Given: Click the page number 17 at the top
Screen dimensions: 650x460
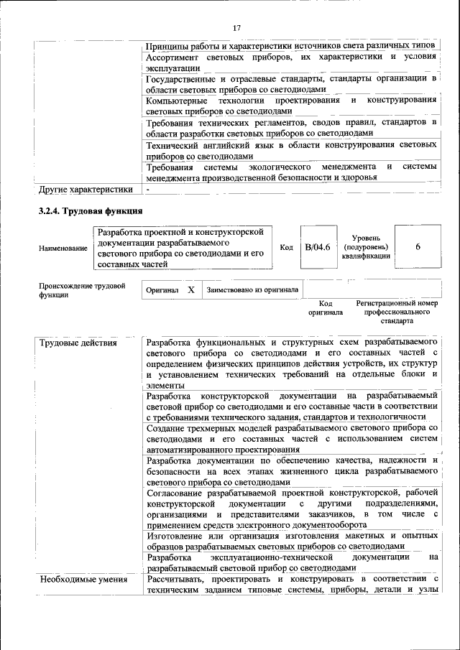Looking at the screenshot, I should pyautogui.click(x=236, y=28).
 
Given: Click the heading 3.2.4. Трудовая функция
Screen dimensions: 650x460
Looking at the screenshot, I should pyautogui.click(x=91, y=211).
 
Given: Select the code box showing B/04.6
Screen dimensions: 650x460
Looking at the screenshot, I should pyautogui.click(x=317, y=247).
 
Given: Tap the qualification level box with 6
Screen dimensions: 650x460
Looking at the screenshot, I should pyautogui.click(x=418, y=247).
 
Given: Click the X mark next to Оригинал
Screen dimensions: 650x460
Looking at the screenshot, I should pyautogui.click(x=190, y=290).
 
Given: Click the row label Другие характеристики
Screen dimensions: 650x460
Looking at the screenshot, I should pyautogui.click(x=86, y=190).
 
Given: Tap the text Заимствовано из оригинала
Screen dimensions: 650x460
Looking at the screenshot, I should pyautogui.click(x=252, y=290).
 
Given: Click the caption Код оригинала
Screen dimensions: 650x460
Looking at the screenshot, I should pyautogui.click(x=326, y=308).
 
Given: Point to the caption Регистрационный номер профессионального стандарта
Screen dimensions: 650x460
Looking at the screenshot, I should pyautogui.click(x=397, y=312).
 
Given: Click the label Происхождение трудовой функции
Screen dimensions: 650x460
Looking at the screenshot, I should pyautogui.click(x=82, y=290).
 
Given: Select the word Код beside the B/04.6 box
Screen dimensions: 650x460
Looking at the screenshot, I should pyautogui.click(x=286, y=248).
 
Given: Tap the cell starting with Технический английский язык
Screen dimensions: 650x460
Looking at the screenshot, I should pyautogui.click(x=291, y=150).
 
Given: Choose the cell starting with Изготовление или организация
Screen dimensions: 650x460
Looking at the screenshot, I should pyautogui.click(x=291, y=541).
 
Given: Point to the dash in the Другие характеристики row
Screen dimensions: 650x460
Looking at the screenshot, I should pyautogui.click(x=148, y=190).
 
